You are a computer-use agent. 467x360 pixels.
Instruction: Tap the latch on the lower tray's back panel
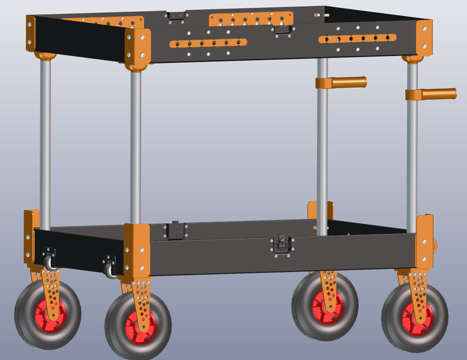click(x=176, y=230)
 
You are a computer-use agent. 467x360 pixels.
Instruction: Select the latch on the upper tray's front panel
click(x=281, y=29)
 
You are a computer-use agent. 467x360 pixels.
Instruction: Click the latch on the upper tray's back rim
click(x=177, y=16)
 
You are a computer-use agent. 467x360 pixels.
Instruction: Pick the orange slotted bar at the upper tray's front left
click(x=208, y=43)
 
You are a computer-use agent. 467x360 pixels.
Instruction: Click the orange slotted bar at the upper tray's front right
click(x=357, y=38)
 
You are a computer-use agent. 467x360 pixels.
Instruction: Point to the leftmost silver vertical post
click(x=46, y=141)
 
